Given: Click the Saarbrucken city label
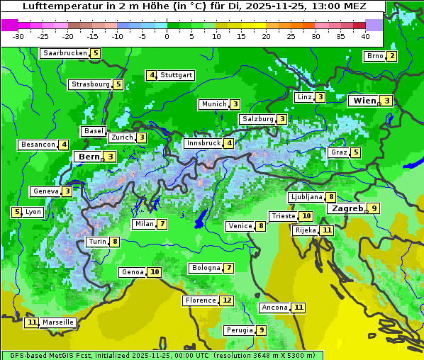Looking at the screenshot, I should pyautogui.click(x=65, y=53).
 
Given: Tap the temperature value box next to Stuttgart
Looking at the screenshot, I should pyautogui.click(x=151, y=75).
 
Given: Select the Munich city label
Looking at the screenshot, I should pyautogui.click(x=213, y=104).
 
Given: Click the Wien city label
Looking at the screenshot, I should pyautogui.click(x=364, y=101).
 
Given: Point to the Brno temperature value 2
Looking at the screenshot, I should pyautogui.click(x=391, y=56).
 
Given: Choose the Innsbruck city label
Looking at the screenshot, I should pyautogui.click(x=203, y=143).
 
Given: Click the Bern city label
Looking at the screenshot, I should pyautogui.click(x=89, y=157).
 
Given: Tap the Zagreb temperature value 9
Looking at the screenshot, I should pyautogui.click(x=374, y=208).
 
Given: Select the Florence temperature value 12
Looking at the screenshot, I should pyautogui.click(x=226, y=300).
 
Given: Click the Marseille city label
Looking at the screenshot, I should pyautogui.click(x=58, y=322).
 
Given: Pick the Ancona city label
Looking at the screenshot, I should pyautogui.click(x=274, y=308).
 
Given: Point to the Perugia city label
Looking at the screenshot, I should pyautogui.click(x=239, y=330).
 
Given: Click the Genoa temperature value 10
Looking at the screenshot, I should pyautogui.click(x=154, y=272).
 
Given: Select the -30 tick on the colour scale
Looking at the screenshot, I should pyautogui.click(x=19, y=35).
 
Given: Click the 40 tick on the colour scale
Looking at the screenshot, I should pyautogui.click(x=365, y=35).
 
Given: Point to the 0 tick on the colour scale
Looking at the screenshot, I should pyautogui.click(x=167, y=35).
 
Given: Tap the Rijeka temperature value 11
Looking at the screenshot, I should pyautogui.click(x=325, y=230).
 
